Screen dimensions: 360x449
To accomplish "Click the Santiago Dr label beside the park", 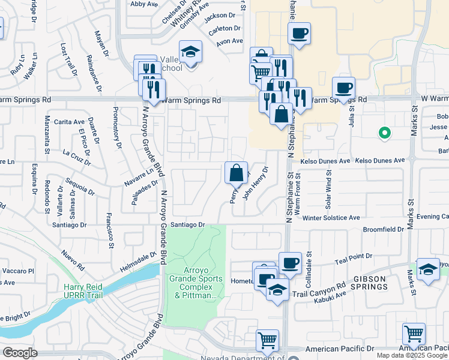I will point(188,224).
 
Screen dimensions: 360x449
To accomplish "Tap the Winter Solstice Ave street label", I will point(331,218).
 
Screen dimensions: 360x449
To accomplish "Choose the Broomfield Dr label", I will point(384,229).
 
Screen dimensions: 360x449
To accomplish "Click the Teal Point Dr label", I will point(354,257).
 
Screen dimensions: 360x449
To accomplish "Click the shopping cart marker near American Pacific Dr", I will point(267,340).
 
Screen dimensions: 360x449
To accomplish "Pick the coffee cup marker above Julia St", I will point(343,88).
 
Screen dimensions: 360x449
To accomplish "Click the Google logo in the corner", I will point(20,353).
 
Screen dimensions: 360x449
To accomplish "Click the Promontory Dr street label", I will point(118,127).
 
